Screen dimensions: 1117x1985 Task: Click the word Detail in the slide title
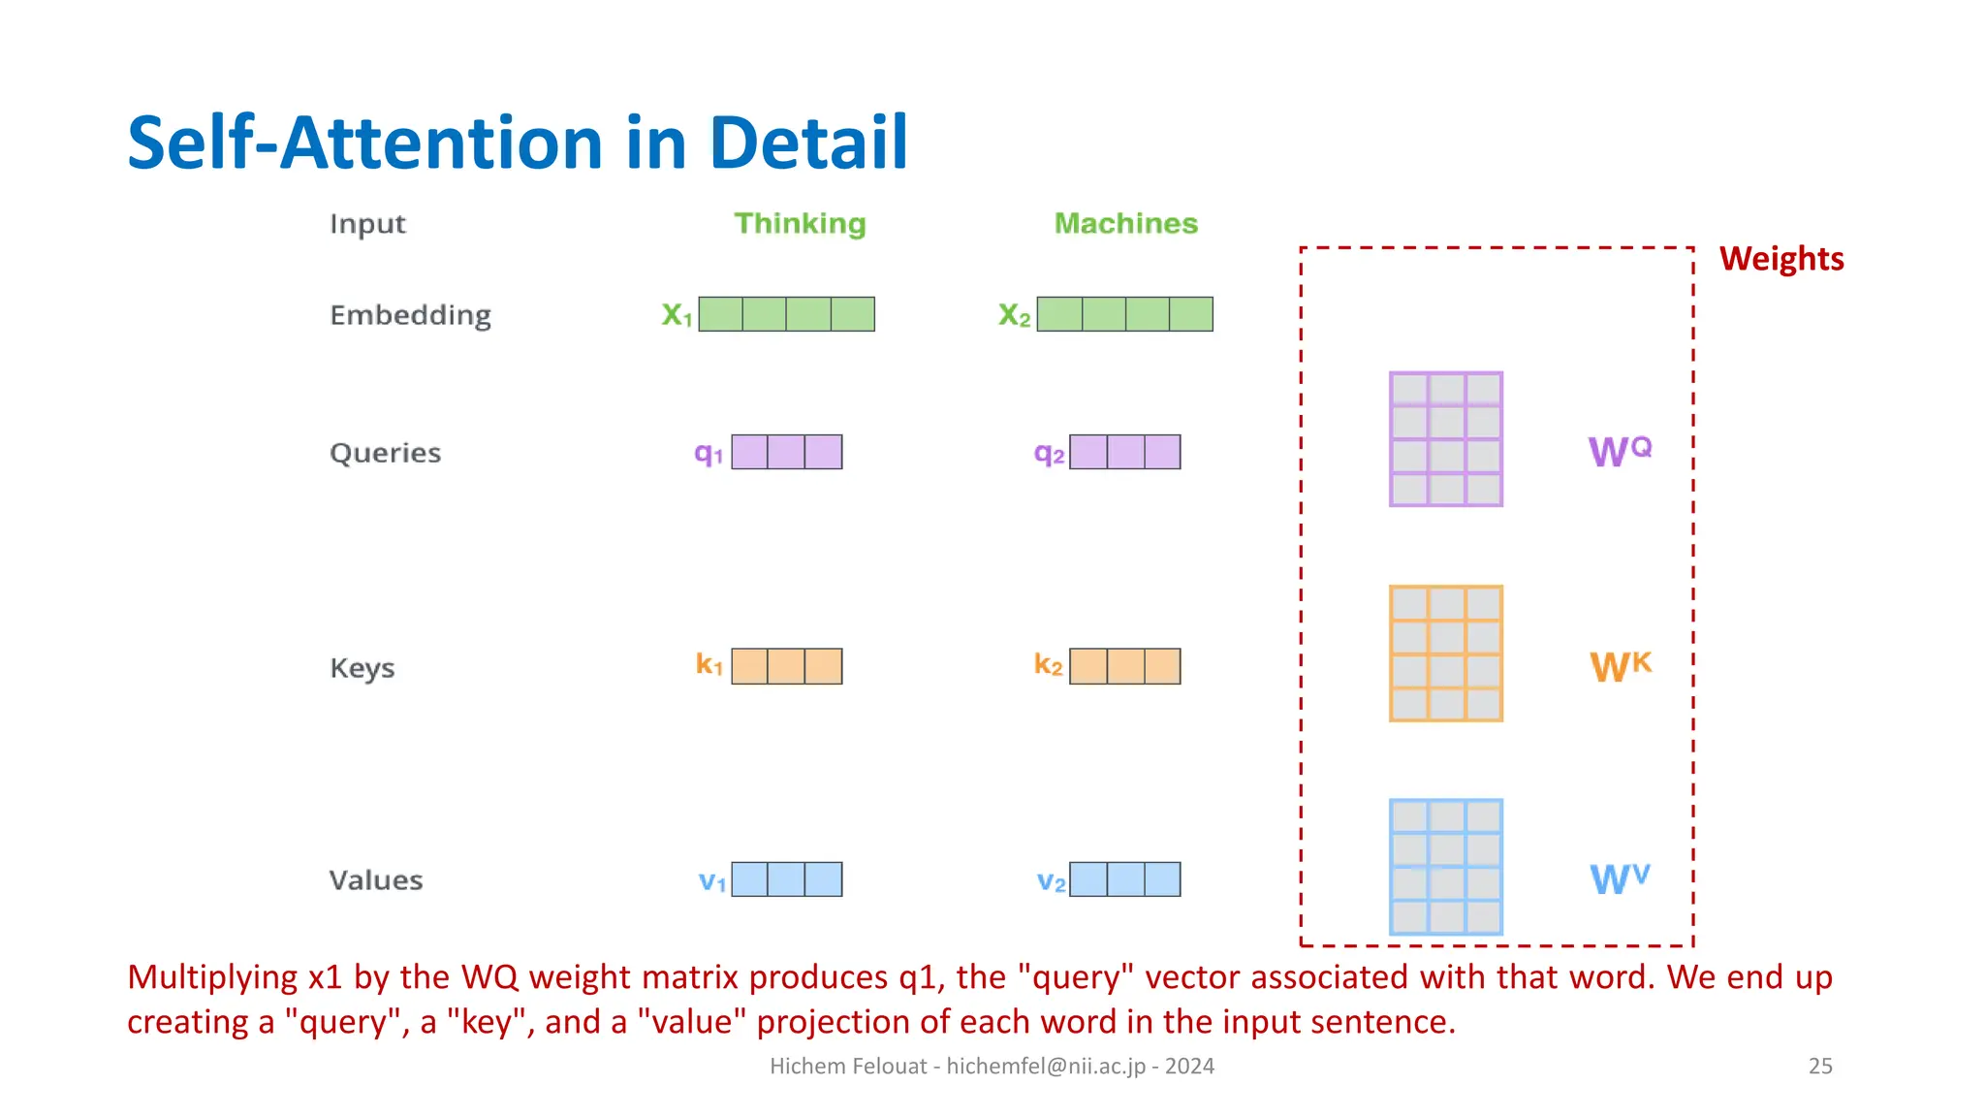coord(808,144)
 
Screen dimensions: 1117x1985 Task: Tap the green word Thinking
coord(800,224)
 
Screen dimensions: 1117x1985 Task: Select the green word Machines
coord(1125,224)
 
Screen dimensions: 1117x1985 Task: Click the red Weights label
coord(1780,259)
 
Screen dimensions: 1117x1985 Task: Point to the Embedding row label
coord(410,315)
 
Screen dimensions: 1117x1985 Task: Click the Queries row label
coord(385,453)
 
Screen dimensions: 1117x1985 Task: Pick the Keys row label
coord(362,668)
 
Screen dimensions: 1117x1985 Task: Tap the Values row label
coord(376,880)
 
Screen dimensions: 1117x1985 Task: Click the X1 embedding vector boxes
coord(786,314)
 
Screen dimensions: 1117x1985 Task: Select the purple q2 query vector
coord(1124,452)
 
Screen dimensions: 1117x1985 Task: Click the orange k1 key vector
coord(786,666)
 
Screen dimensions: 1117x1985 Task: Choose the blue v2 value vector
coord(1124,879)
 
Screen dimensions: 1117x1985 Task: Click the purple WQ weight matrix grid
coord(1445,439)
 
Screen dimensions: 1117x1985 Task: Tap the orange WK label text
coord(1620,666)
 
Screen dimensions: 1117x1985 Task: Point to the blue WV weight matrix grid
coord(1445,867)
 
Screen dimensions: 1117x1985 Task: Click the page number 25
coord(1819,1066)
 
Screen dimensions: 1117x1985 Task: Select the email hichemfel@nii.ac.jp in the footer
coord(1045,1066)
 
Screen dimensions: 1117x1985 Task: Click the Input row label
coord(367,224)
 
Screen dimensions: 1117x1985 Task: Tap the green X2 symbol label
coord(1014,315)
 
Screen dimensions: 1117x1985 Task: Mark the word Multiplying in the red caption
coord(212,977)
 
